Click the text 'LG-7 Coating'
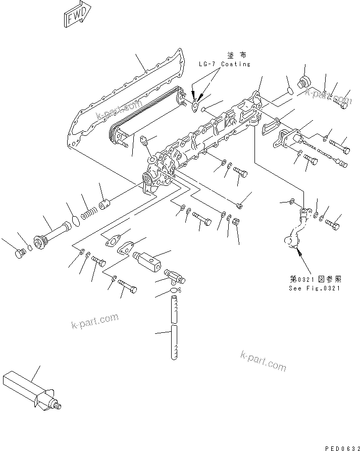224,64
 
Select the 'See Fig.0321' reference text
314,288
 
